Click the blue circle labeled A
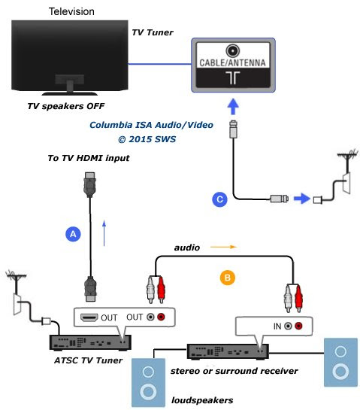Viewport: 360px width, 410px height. coord(73,234)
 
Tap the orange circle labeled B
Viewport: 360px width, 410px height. coord(227,278)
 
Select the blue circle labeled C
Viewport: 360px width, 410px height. coord(219,199)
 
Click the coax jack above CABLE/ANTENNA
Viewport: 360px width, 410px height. coord(233,50)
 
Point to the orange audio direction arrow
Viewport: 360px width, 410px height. coord(224,247)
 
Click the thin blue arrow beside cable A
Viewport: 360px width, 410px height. coord(104,233)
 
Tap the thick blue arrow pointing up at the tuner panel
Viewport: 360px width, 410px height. coord(233,106)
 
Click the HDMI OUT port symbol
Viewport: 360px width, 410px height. coord(89,317)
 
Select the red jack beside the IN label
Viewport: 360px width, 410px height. coord(298,326)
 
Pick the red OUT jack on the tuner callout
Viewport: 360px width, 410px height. coord(161,317)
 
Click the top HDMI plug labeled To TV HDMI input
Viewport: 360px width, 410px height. coord(90,185)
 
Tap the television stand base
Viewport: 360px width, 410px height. coord(70,93)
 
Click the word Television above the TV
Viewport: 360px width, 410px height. coord(71,11)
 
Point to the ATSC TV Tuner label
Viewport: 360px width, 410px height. coord(88,360)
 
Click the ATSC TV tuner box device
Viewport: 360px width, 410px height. coord(90,343)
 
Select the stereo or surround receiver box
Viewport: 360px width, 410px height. coord(228,351)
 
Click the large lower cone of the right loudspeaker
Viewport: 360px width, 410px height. coord(340,372)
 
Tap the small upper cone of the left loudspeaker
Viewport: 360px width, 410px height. coord(148,372)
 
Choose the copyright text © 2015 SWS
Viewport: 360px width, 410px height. coord(147,139)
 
